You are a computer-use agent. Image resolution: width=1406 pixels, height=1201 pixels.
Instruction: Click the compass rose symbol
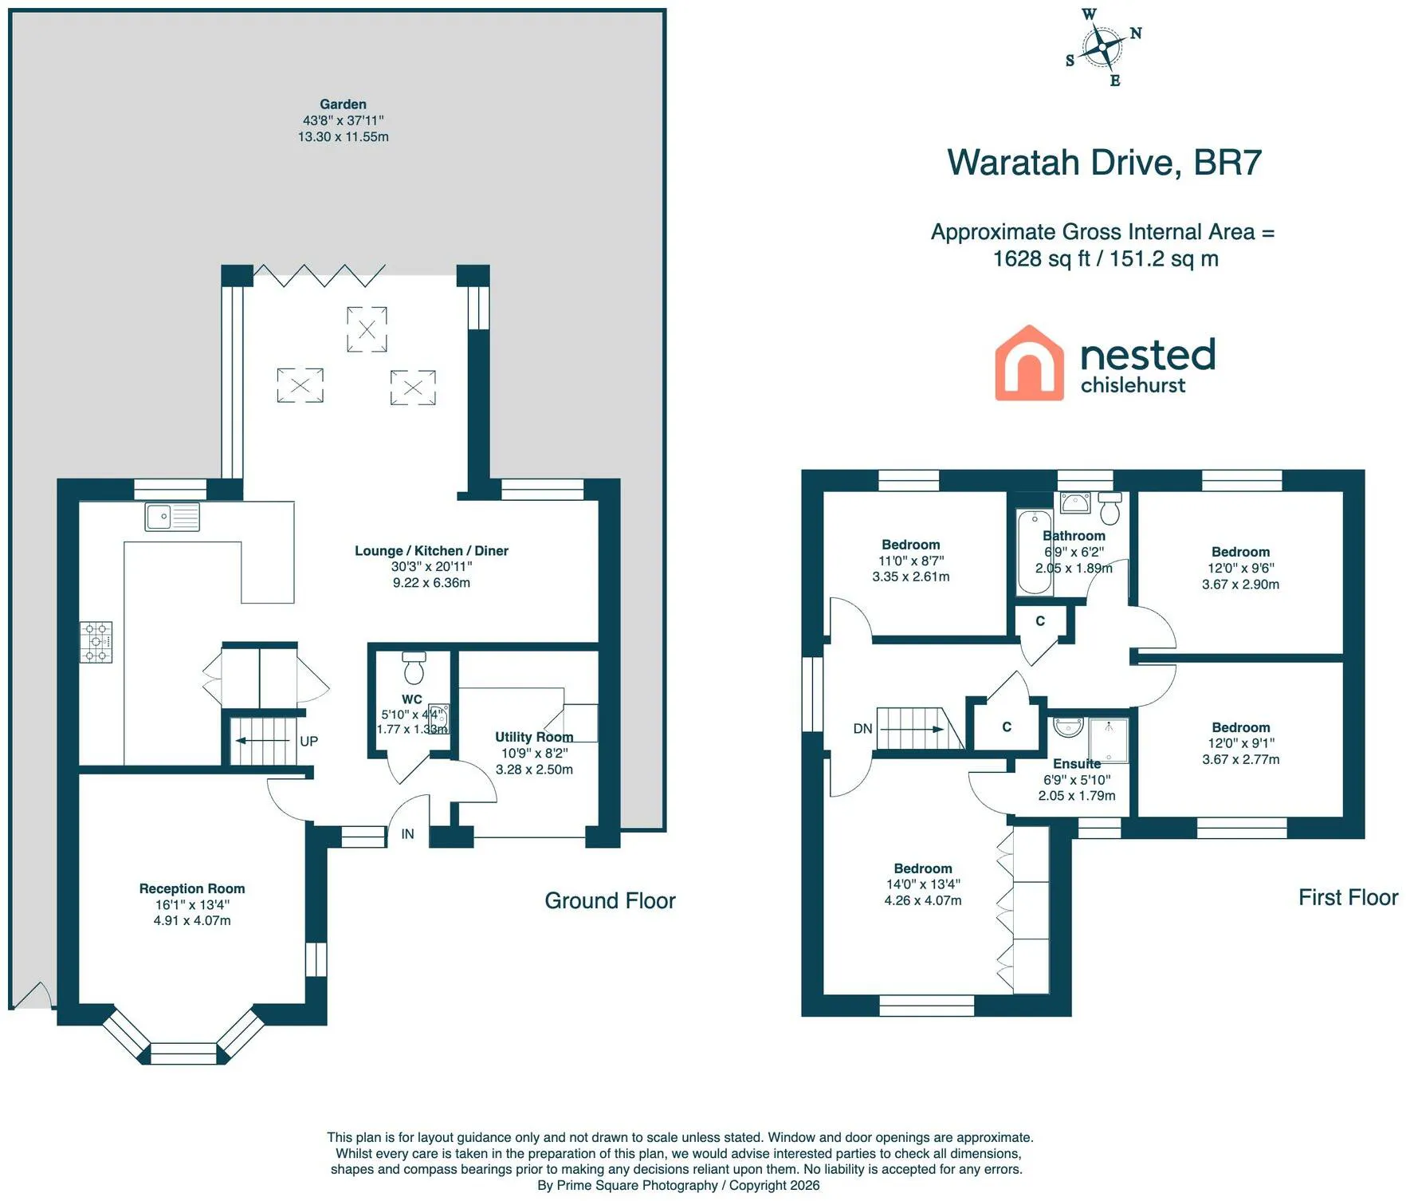[1103, 47]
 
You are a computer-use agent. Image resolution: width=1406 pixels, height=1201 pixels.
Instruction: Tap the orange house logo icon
[1029, 363]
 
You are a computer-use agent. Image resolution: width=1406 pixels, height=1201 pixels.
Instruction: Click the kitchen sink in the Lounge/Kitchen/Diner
[172, 517]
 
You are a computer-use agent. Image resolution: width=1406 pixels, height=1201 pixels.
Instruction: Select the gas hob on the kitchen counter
[96, 642]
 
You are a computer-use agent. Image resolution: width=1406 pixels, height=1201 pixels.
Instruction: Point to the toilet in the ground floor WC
[414, 667]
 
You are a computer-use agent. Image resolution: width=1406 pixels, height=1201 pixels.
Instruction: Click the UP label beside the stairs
[309, 742]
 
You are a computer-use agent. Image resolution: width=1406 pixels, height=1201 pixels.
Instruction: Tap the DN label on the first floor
[862, 729]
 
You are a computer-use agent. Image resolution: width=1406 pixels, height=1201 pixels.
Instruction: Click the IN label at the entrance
[407, 834]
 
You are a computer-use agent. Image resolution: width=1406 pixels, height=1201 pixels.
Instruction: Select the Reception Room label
[192, 888]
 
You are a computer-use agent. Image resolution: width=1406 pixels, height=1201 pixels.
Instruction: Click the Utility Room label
[534, 737]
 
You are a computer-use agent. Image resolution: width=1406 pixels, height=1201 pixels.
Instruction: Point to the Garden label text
[344, 104]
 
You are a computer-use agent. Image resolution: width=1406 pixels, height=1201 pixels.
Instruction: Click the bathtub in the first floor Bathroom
[1035, 552]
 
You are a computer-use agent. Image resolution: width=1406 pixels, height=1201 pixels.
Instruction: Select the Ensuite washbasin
[1067, 727]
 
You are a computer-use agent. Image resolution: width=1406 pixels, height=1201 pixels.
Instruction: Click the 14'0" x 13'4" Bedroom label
[923, 884]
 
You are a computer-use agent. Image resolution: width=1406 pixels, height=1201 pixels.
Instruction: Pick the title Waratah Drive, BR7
[1104, 163]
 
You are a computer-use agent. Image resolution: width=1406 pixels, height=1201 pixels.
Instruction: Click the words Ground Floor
[610, 901]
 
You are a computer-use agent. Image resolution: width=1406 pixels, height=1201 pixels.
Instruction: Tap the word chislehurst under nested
[1133, 385]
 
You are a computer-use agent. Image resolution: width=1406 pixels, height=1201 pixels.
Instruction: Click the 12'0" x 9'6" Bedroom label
[1241, 568]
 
